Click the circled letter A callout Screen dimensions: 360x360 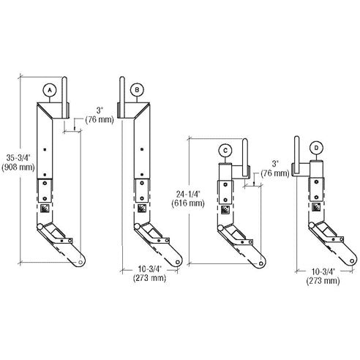coord(49,89)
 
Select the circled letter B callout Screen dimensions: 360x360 coord(138,89)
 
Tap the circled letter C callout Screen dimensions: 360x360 coord(225,150)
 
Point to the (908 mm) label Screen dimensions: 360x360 coord(15,167)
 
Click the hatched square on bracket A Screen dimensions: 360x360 coord(46,209)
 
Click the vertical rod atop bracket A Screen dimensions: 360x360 coord(64,93)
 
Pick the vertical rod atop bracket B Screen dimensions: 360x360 coord(123,93)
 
